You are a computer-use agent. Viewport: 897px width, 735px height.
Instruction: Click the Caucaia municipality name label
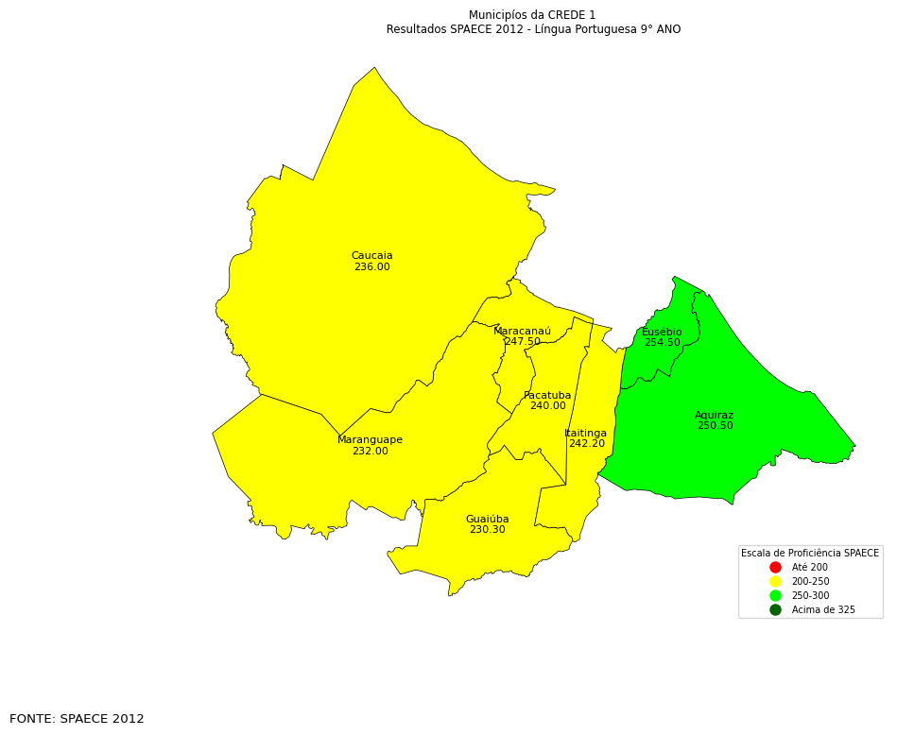tap(371, 256)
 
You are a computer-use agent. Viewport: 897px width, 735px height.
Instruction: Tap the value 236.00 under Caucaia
tap(371, 267)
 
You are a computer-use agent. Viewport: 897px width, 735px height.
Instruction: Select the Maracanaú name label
tap(522, 332)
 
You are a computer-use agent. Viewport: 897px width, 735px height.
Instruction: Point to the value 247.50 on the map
tap(523, 342)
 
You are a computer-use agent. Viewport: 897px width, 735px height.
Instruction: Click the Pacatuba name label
tap(547, 396)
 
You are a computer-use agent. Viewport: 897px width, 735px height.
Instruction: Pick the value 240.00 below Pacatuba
tap(547, 406)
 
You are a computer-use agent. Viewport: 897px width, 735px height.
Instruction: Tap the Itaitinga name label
tap(586, 434)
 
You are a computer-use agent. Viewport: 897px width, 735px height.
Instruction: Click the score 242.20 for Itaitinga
tap(586, 444)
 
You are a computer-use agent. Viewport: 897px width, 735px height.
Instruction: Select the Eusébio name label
tap(662, 333)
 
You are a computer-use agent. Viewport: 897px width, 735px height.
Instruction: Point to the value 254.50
tap(662, 343)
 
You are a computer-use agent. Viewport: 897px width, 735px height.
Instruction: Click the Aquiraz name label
tap(714, 416)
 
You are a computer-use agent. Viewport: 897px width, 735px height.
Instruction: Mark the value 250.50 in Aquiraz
tap(715, 426)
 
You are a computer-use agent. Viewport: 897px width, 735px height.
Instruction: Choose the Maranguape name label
tap(370, 440)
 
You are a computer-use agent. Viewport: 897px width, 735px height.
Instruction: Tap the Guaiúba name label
tap(487, 520)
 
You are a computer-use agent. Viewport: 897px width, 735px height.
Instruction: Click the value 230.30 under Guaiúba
tap(487, 530)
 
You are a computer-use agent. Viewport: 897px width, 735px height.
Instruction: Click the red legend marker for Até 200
tap(775, 568)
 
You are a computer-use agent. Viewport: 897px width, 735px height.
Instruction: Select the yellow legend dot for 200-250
tap(775, 582)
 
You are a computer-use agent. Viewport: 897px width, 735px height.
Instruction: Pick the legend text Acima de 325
tap(822, 610)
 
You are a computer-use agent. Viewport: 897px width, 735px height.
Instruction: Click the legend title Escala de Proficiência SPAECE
tap(810, 554)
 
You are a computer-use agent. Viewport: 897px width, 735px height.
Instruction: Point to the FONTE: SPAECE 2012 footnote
tap(77, 719)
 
